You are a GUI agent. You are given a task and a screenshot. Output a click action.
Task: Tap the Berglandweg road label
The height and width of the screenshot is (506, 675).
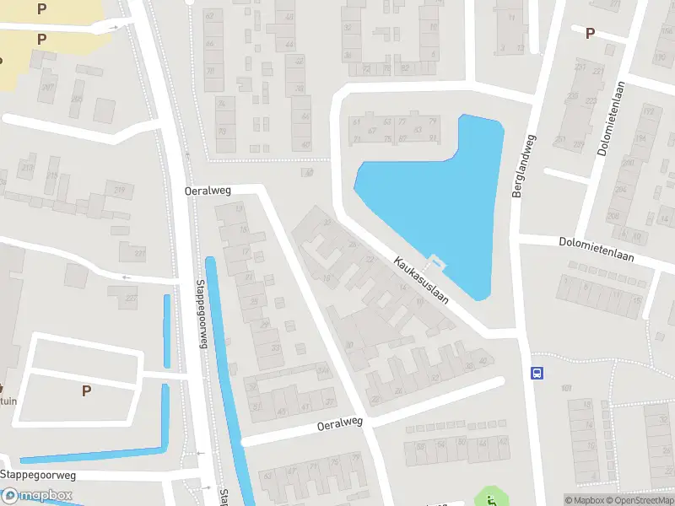pyautogui.click(x=523, y=166)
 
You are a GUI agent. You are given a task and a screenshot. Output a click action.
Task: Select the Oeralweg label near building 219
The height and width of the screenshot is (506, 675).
pyautogui.click(x=208, y=191)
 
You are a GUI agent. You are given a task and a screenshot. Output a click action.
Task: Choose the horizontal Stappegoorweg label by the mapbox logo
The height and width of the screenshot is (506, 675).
pyautogui.click(x=38, y=475)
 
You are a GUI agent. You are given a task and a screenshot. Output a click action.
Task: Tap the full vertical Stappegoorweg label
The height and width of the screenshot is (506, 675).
pyautogui.click(x=202, y=314)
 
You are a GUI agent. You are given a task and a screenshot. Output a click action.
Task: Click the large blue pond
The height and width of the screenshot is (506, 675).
pyautogui.click(x=439, y=194)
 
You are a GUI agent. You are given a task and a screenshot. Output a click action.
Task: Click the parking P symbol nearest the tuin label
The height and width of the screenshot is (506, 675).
pyautogui.click(x=85, y=390)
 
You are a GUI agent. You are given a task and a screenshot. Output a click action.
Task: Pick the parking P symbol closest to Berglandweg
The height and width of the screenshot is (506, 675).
pyautogui.click(x=590, y=33)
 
